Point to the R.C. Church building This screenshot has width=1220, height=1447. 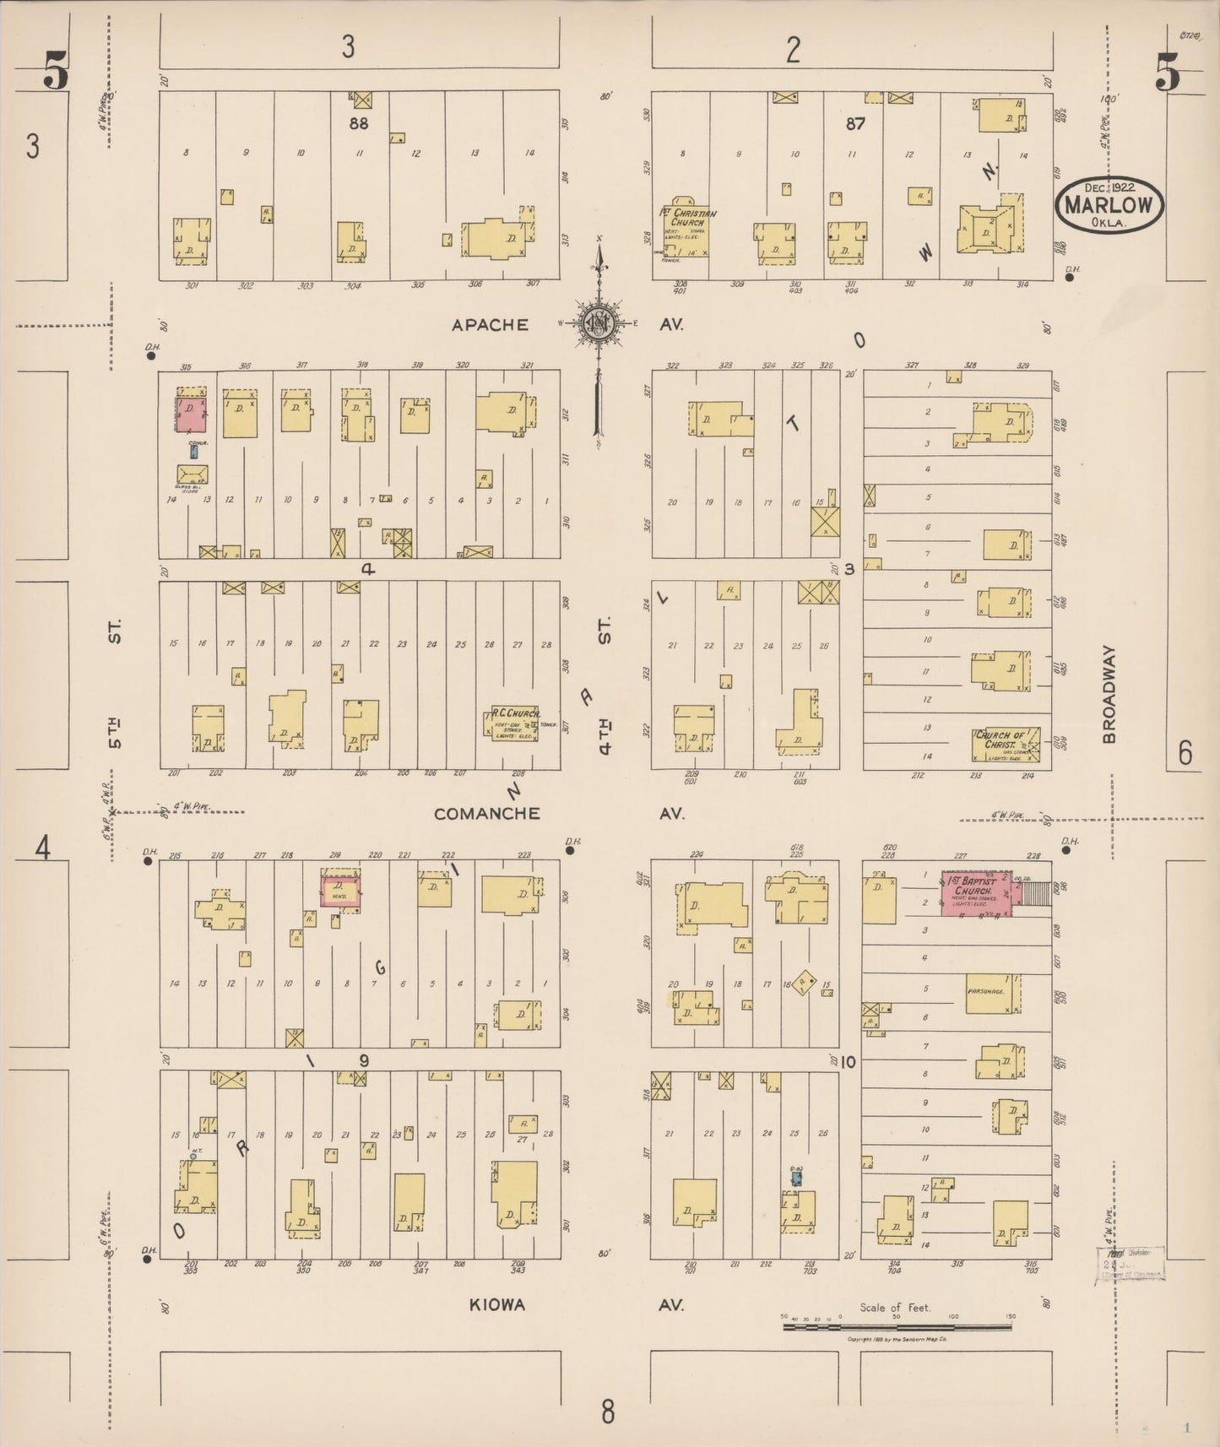click(515, 723)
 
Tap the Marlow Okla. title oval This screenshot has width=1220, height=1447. click(1109, 205)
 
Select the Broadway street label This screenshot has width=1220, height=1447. click(1109, 694)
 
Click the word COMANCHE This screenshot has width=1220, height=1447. click(486, 814)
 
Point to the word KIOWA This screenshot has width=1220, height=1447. click(497, 1304)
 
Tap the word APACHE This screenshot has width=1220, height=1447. click(490, 325)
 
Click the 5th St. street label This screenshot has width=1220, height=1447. click(115, 683)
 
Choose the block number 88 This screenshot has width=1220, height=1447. click(359, 123)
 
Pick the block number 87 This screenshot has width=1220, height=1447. click(854, 123)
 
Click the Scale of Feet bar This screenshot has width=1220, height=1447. click(897, 1326)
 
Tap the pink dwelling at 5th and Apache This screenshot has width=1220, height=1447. click(191, 415)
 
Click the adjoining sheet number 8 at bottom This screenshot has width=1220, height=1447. click(607, 1411)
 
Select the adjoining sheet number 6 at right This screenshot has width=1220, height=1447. click(1185, 752)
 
